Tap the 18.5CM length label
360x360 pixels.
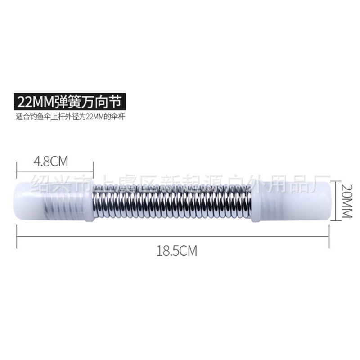(177, 251)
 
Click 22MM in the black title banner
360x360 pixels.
(35, 101)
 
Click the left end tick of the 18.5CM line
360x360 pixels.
(17, 237)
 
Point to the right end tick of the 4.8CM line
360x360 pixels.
(93, 171)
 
